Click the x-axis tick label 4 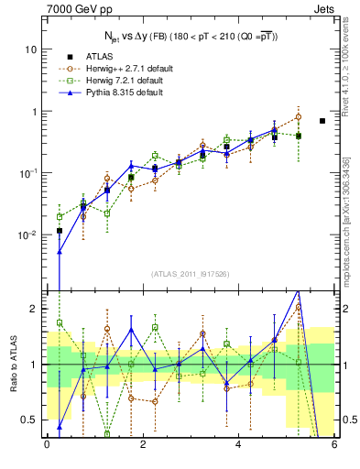coord(238,446)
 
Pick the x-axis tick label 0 coord(47,446)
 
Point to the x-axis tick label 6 coord(334,446)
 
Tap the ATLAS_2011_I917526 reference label coord(191,275)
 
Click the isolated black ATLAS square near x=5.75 coord(322,121)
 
